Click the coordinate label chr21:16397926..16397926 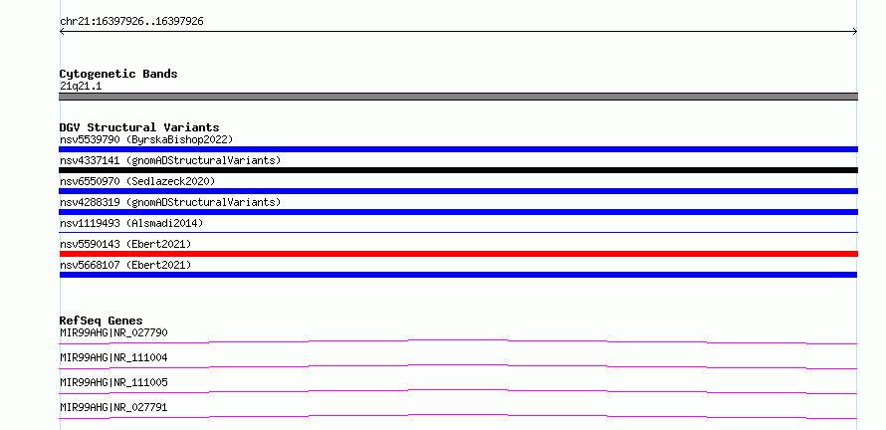click(131, 22)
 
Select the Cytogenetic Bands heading click(118, 74)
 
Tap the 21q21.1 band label click(81, 87)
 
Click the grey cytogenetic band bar click(458, 97)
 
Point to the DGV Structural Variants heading click(139, 127)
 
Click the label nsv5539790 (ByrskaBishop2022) click(146, 139)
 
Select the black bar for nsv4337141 click(458, 170)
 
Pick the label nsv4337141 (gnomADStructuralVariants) click(170, 160)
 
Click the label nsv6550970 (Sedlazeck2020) click(137, 181)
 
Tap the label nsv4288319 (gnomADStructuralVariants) click(170, 202)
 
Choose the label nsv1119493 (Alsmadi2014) click(131, 223)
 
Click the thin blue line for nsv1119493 click(458, 232)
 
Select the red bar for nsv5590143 click(458, 254)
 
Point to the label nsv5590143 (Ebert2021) click(125, 244)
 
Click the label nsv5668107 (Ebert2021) click(125, 265)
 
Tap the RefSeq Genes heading click(102, 321)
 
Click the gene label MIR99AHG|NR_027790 click(113, 332)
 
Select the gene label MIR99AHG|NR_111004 click(113, 357)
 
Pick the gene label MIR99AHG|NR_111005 click(113, 382)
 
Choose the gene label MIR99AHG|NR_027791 click(113, 407)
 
